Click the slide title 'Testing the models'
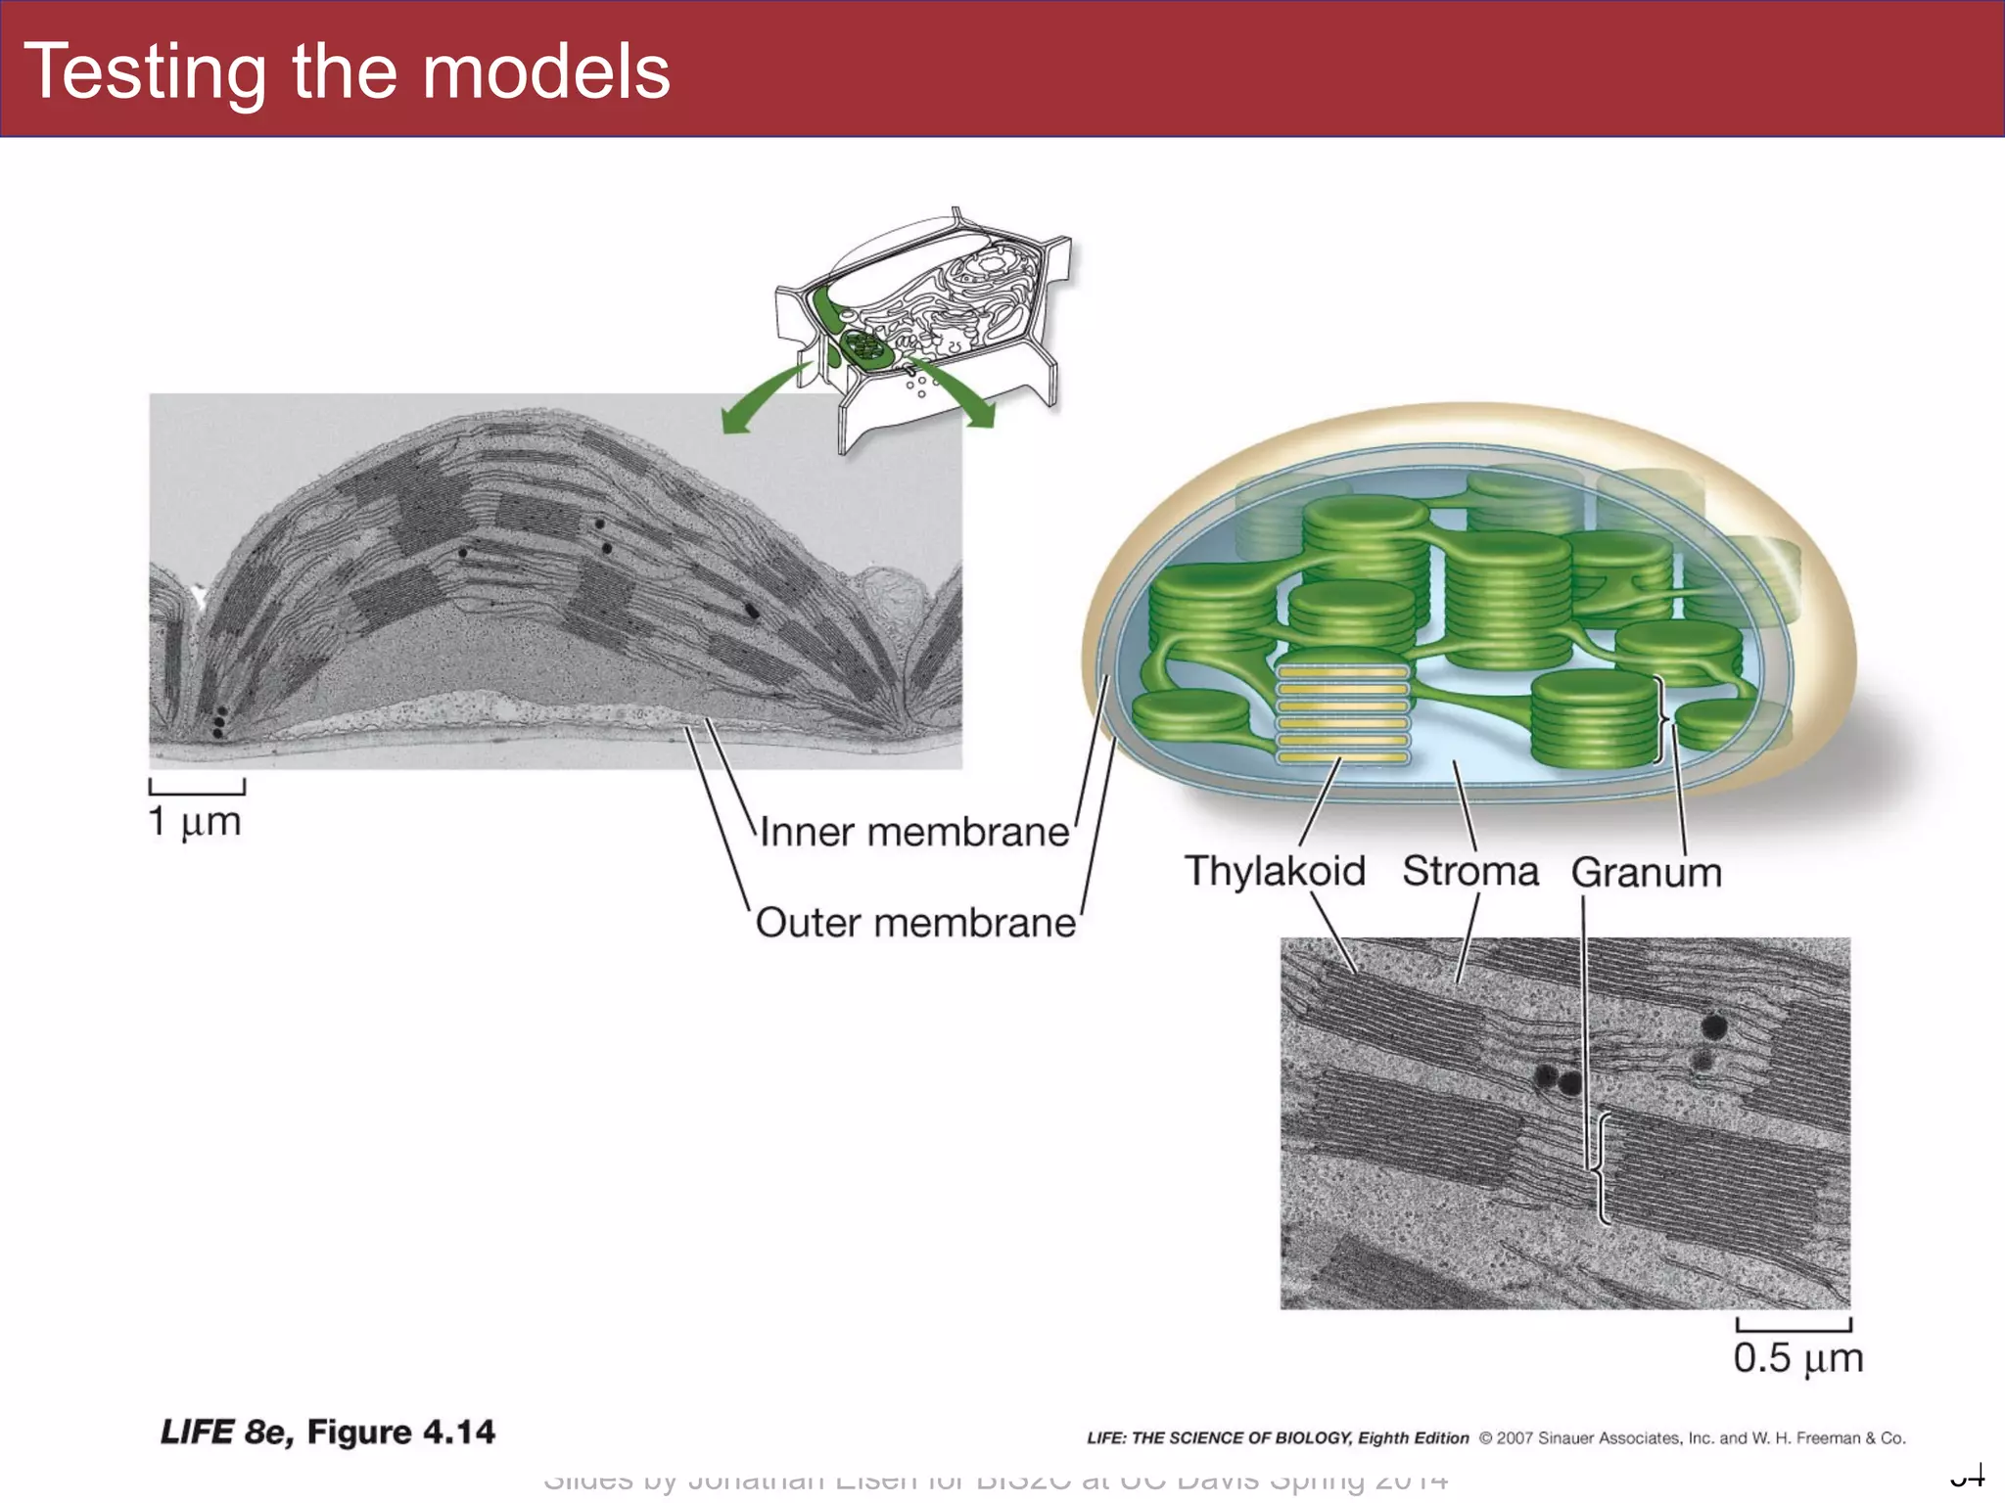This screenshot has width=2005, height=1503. click(x=347, y=72)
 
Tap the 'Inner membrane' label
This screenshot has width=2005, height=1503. click(x=914, y=833)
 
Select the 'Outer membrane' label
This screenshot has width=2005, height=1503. click(x=915, y=923)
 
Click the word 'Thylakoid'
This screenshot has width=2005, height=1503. click(x=1275, y=871)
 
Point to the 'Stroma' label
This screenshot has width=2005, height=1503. click(x=1470, y=871)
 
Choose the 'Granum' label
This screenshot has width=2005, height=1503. click(x=1647, y=872)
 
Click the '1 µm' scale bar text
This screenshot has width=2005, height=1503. click(x=195, y=822)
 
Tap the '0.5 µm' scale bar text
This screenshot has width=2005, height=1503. click(x=1797, y=1358)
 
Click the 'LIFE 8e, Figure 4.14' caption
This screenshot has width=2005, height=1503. click(x=328, y=1432)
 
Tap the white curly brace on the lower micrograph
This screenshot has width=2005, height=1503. click(x=1603, y=1168)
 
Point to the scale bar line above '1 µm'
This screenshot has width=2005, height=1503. click(x=197, y=788)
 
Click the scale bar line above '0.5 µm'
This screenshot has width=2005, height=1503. click(x=1794, y=1326)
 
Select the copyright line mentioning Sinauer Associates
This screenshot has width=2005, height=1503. click(x=1496, y=1437)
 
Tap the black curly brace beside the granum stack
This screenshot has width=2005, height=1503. click(x=1660, y=719)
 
